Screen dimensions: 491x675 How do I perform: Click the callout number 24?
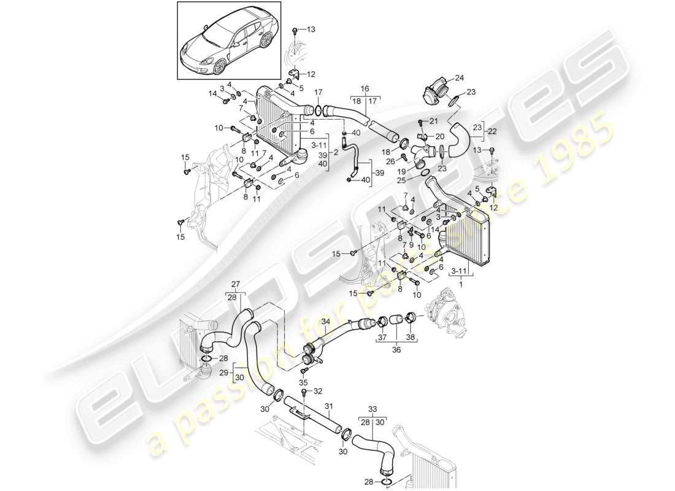459,78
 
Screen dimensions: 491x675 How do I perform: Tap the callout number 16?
365,89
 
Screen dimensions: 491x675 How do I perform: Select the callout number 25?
418,180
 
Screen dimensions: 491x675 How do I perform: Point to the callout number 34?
326,321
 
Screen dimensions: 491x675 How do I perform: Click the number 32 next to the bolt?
317,391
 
